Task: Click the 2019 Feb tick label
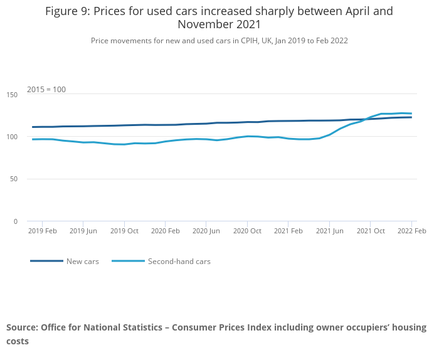click(43, 231)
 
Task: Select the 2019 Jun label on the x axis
click(83, 231)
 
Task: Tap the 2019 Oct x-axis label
click(124, 231)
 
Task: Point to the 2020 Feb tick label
click(165, 231)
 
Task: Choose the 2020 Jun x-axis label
click(206, 231)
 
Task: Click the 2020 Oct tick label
click(247, 231)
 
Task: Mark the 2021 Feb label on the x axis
click(288, 231)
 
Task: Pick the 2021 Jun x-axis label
click(329, 231)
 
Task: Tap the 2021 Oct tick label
click(370, 231)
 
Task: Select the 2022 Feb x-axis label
click(411, 231)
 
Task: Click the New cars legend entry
click(82, 262)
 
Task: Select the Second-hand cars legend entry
click(179, 262)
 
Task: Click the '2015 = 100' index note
click(46, 90)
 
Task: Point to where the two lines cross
click(366, 119)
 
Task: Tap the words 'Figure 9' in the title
click(66, 12)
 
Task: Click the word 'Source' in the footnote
click(22, 327)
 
